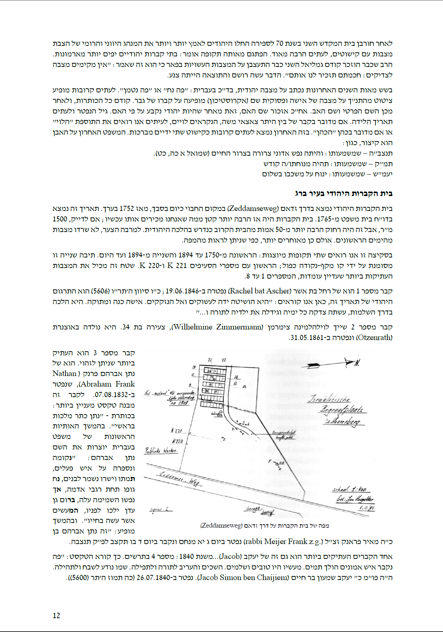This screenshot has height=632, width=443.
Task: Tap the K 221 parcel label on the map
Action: (176, 431)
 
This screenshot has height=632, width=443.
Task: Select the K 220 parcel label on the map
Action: (177, 441)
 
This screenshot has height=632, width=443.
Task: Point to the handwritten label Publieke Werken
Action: (161, 451)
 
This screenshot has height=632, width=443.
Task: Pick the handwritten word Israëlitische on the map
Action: (329, 399)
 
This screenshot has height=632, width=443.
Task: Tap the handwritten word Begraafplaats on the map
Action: (342, 410)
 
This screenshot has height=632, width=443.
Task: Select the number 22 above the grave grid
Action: (224, 360)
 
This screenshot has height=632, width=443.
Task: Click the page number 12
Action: (56, 616)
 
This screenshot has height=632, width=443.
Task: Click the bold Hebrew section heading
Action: (343, 193)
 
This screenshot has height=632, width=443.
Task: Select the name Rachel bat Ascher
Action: (260, 291)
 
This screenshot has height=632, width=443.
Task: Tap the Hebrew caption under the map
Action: (265, 525)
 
